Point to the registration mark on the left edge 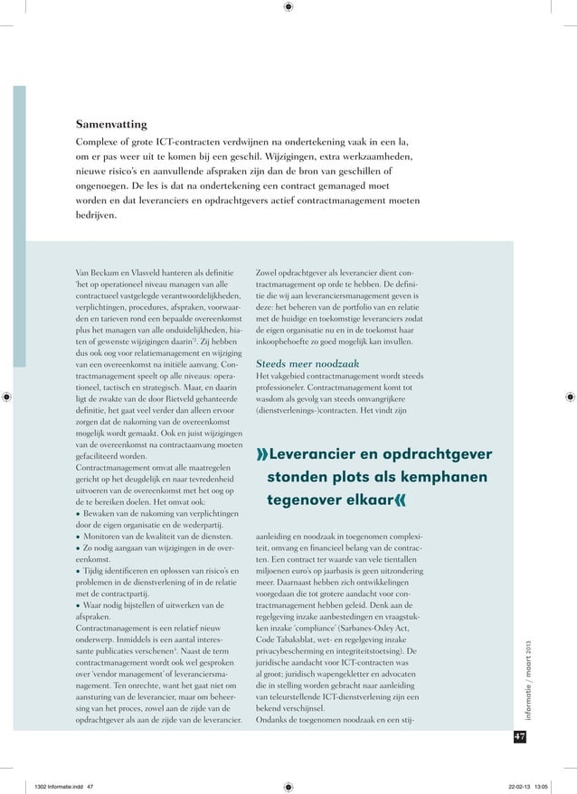pyautogui.click(x=7, y=396)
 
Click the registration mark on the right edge pyautogui.click(x=569, y=396)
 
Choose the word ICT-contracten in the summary pyautogui.click(x=189, y=142)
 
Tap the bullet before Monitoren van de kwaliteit pyautogui.click(x=79, y=534)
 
